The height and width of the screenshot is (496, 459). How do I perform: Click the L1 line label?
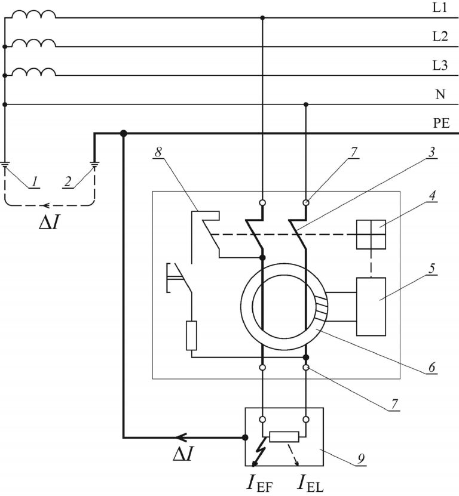(440, 8)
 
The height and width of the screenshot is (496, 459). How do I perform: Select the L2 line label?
(440, 37)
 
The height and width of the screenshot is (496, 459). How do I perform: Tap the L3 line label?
(440, 66)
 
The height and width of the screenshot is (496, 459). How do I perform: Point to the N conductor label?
(440, 94)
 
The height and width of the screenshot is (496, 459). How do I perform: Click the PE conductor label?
(441, 124)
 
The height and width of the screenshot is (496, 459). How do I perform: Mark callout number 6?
(432, 368)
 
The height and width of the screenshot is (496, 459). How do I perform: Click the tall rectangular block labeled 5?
(371, 306)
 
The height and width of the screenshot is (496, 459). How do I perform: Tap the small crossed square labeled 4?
(371, 235)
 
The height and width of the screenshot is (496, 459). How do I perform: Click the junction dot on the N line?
(306, 104)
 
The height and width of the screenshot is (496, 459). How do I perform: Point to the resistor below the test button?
(191, 335)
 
